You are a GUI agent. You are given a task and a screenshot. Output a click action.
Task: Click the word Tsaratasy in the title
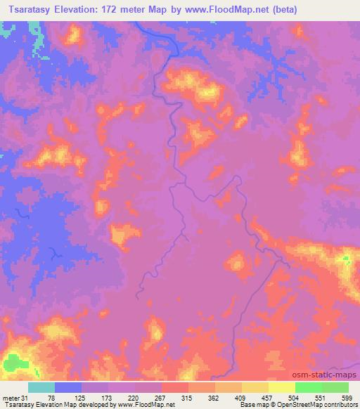tap(30, 10)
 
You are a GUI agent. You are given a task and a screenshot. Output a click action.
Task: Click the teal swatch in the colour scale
tap(41, 387)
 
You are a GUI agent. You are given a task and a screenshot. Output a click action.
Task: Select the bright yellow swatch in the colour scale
tap(282, 387)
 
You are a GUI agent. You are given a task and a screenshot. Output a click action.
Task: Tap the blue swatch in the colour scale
tap(68, 387)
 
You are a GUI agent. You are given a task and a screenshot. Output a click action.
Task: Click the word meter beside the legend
tap(11, 397)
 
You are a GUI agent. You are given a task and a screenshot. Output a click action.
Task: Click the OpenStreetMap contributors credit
tap(320, 405)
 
